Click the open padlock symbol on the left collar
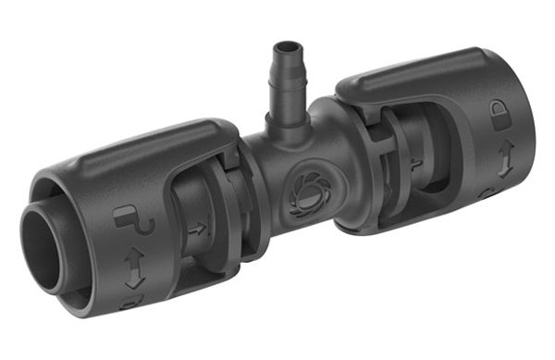click(x=129, y=219)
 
